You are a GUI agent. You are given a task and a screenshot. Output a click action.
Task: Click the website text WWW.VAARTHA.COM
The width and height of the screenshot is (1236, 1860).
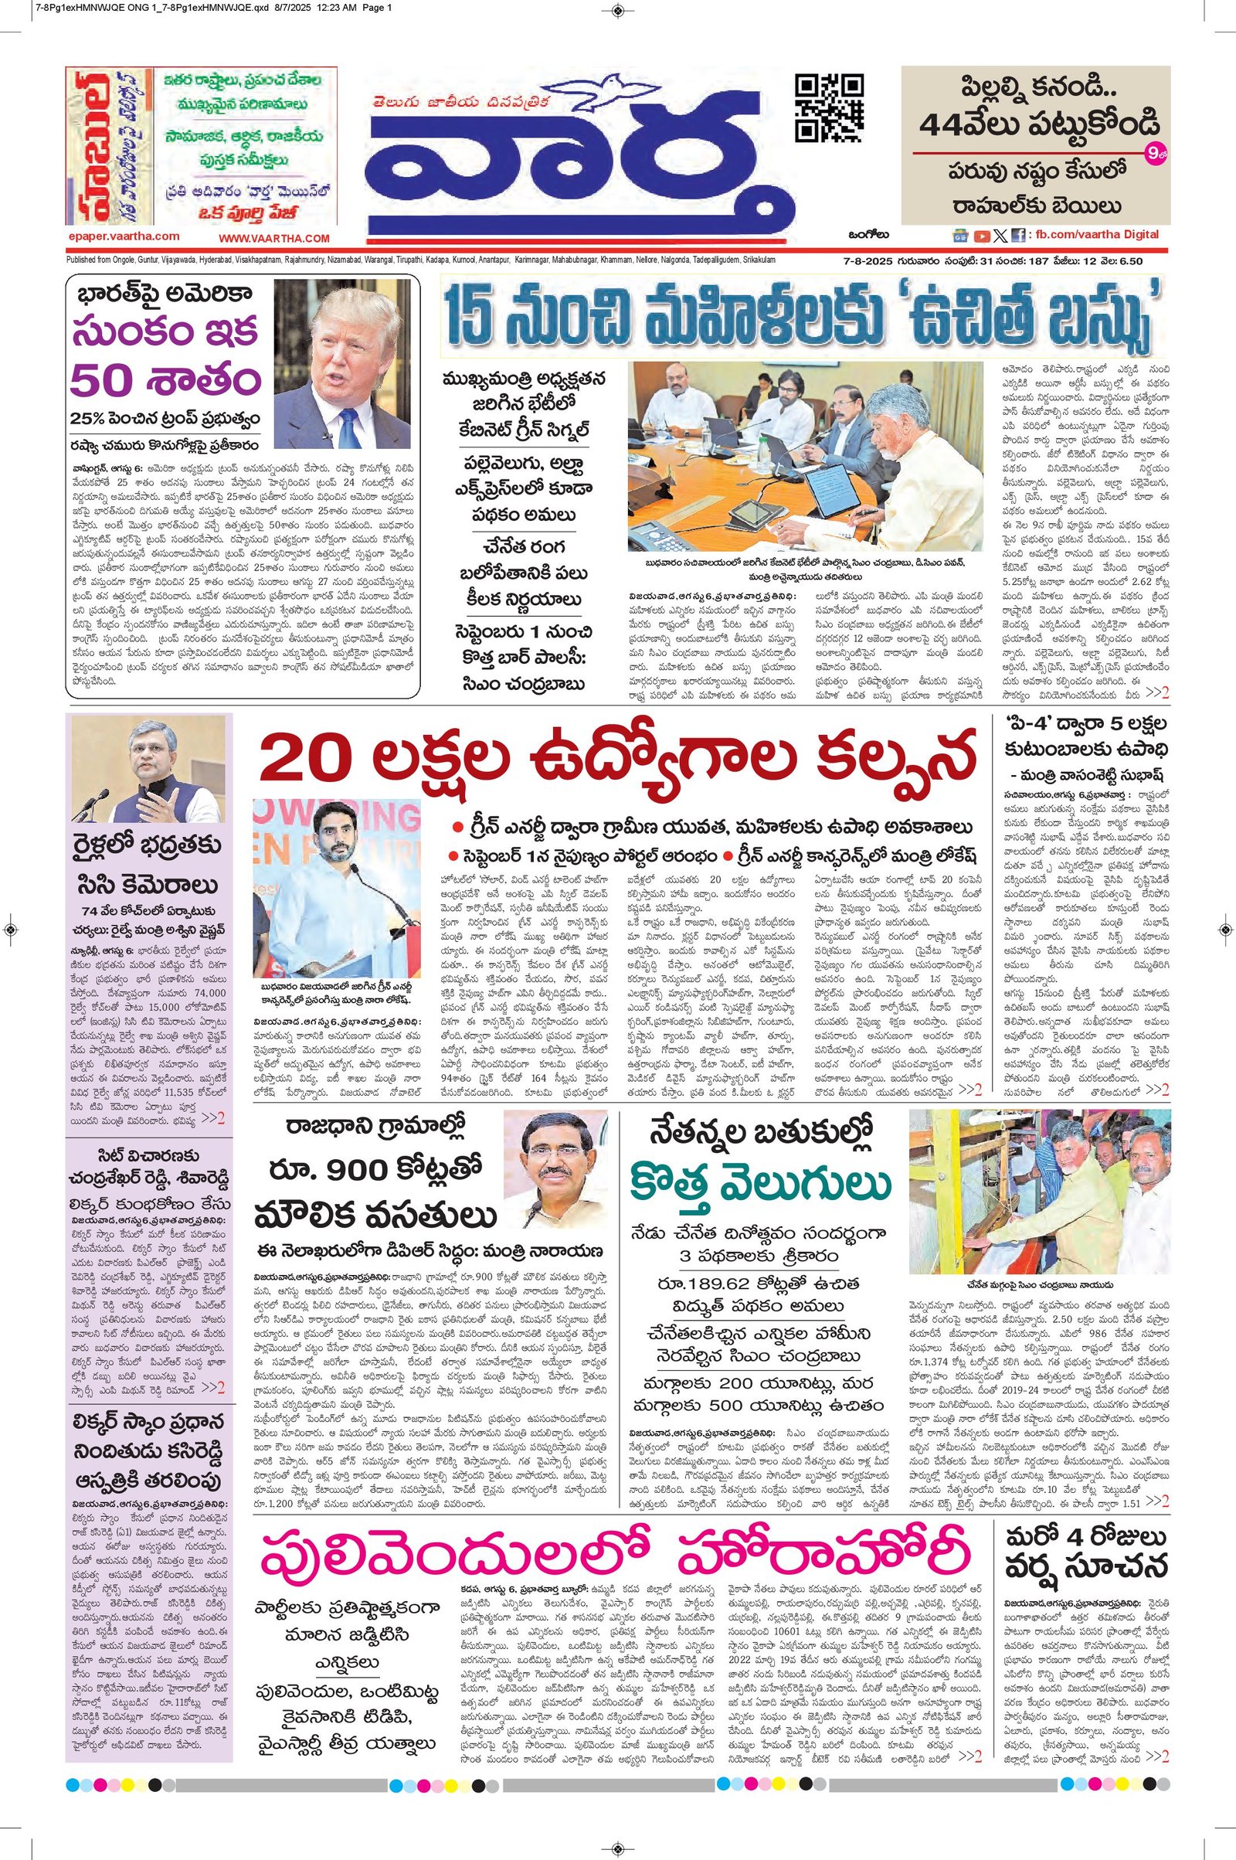273,237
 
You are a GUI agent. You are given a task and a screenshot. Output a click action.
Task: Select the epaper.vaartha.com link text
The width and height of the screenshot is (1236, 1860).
124,236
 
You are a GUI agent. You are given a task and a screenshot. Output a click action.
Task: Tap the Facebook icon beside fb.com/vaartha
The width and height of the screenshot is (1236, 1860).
1017,235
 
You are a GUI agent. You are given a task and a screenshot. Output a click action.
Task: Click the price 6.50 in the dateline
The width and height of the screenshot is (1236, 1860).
1129,261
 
